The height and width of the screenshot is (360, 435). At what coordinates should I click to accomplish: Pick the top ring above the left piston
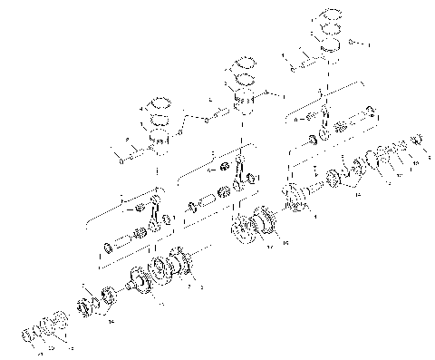159,102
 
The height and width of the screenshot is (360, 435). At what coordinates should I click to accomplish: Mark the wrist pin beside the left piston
126,153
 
